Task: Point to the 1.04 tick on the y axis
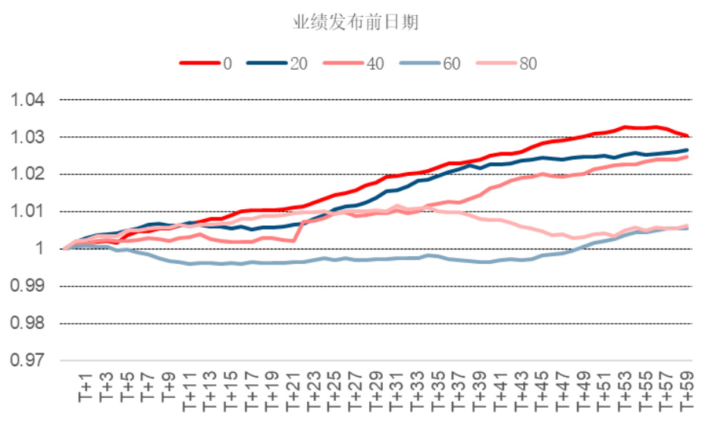27,100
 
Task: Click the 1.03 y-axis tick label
27,137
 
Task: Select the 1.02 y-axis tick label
27,174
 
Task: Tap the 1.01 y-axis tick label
27,211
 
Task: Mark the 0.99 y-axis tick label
27,286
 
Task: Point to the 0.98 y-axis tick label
27,323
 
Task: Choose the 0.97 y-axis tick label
27,360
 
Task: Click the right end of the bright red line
688,136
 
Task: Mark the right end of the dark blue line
688,150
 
